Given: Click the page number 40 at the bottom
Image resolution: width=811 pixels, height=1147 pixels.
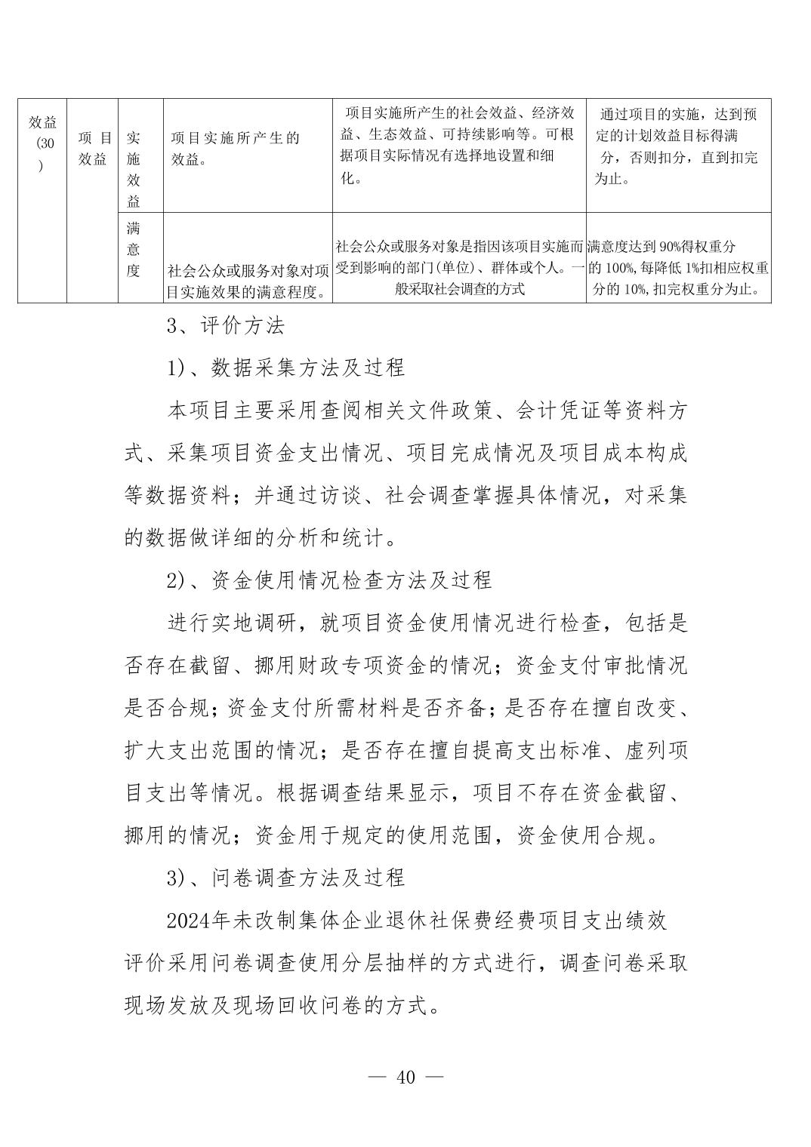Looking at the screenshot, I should [x=405, y=1077].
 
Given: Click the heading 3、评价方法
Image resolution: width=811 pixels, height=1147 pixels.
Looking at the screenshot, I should [x=225, y=326].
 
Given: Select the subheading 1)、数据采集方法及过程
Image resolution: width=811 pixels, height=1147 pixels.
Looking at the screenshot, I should [x=285, y=367].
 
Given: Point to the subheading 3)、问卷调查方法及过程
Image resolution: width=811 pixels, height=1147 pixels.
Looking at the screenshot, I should [x=285, y=877].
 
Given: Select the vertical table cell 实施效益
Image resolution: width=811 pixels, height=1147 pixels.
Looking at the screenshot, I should [x=134, y=170].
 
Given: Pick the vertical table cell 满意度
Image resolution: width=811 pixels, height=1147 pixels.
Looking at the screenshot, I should [x=134, y=249].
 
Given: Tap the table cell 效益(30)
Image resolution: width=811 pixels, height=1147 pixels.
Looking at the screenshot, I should [x=42, y=143].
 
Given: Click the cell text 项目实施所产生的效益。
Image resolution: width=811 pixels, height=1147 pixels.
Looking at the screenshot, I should [x=234, y=148].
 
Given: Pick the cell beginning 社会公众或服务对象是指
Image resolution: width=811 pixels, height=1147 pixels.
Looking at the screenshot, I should [x=459, y=267].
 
